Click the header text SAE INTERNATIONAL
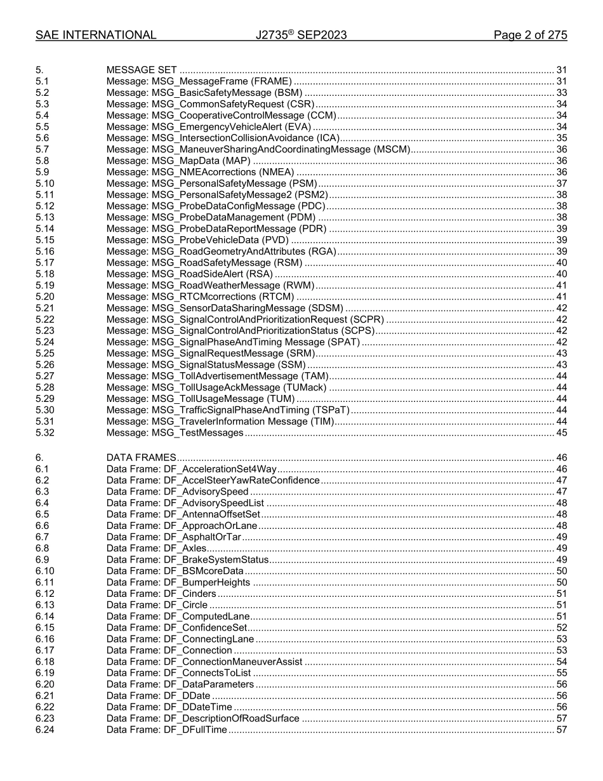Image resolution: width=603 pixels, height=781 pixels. (x=96, y=35)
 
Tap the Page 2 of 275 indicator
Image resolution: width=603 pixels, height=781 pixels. (x=530, y=35)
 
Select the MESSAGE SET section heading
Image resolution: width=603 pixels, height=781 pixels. (x=142, y=70)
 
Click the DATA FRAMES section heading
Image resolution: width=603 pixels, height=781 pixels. (x=141, y=457)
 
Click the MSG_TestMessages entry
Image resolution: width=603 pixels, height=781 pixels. (x=175, y=432)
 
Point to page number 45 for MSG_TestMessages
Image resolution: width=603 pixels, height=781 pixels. (x=561, y=432)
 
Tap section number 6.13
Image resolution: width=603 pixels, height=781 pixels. (x=44, y=604)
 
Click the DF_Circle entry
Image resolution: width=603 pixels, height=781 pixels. (x=157, y=604)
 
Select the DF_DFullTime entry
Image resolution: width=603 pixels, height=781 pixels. (x=166, y=730)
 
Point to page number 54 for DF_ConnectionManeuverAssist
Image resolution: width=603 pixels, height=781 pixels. (x=561, y=662)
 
